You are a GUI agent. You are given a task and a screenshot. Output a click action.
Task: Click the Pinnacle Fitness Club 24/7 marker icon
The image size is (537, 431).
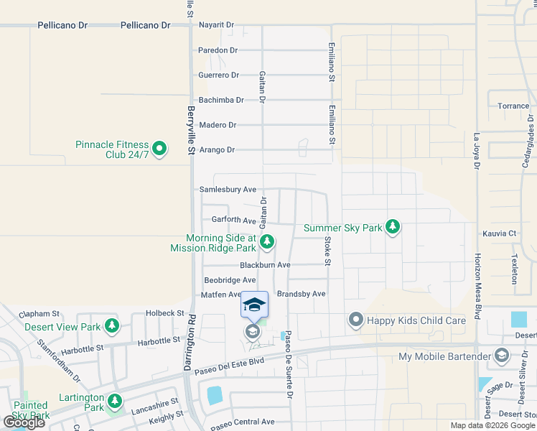click(x=160, y=149)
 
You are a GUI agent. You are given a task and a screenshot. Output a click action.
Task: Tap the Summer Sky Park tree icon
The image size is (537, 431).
click(x=392, y=227)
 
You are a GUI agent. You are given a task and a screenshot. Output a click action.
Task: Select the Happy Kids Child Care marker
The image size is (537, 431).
click(x=355, y=320)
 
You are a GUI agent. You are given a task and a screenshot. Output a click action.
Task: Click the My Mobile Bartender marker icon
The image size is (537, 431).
click(x=501, y=356)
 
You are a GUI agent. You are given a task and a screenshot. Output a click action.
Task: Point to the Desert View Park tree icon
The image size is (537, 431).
click(x=111, y=326)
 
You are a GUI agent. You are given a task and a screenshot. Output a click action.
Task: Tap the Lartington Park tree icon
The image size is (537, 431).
click(x=114, y=399)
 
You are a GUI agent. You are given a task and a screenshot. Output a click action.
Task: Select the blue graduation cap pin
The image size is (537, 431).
click(x=254, y=305)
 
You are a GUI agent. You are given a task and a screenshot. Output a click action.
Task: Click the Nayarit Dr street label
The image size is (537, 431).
click(x=217, y=25)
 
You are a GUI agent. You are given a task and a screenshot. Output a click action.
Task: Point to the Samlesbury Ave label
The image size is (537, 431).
click(x=228, y=190)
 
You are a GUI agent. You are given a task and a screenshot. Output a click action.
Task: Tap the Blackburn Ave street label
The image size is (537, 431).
click(x=265, y=265)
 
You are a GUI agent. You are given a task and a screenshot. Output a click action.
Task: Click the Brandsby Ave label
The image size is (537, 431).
click(x=302, y=294)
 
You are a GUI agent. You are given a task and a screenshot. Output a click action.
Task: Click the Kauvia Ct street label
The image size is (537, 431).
click(x=500, y=233)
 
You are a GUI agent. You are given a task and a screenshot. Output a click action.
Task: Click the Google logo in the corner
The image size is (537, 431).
click(x=24, y=422)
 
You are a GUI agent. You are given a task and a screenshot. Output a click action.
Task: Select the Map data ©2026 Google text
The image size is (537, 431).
click(x=492, y=425)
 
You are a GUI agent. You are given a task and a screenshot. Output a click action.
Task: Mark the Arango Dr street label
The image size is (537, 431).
click(x=217, y=149)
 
